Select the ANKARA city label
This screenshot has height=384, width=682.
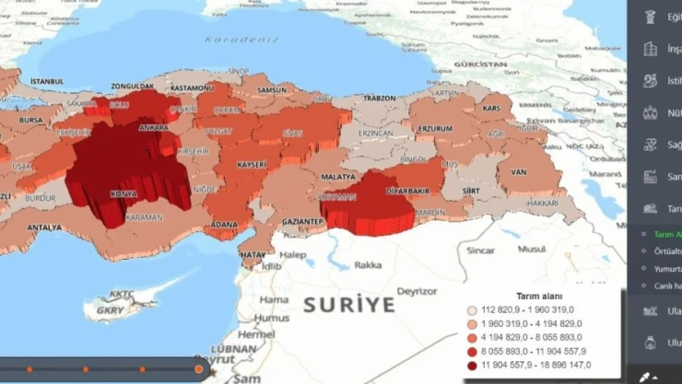pyautogui.click(x=152, y=128)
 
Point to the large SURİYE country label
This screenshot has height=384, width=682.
pyautogui.click(x=348, y=305)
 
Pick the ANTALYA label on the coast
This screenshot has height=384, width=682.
pyautogui.click(x=44, y=227)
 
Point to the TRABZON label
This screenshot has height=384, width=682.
pyautogui.click(x=379, y=98)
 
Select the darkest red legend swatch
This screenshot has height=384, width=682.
pyautogui.click(x=473, y=366)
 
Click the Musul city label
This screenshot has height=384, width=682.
pyautogui.click(x=531, y=249)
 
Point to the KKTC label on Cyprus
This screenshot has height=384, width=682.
pyautogui.click(x=121, y=294)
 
